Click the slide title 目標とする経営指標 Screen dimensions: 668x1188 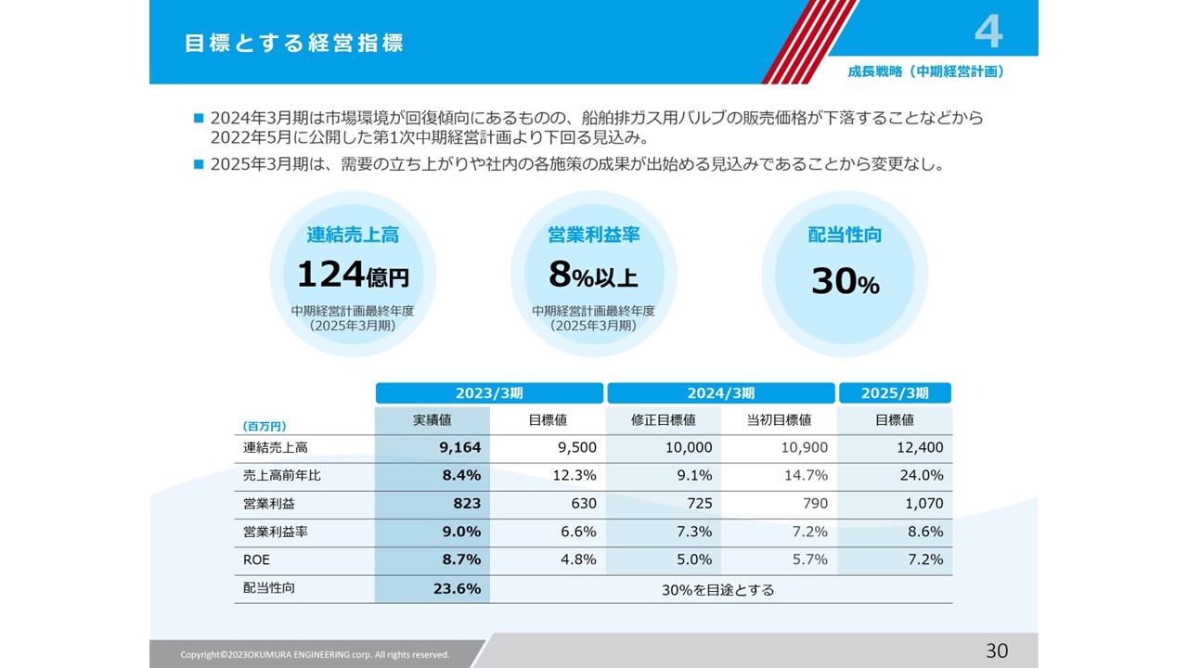[x=294, y=44]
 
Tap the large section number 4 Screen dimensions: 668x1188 [x=988, y=32]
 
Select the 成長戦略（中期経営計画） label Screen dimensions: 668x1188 [x=926, y=71]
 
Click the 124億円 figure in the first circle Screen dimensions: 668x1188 [x=353, y=275]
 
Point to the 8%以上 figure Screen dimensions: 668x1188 [x=593, y=275]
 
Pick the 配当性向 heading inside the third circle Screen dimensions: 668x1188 [x=845, y=236]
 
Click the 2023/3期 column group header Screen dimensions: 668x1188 [x=489, y=393]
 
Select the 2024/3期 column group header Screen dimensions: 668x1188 [x=720, y=393]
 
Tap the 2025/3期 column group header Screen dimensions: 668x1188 [x=895, y=393]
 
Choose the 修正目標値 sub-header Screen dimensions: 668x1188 [x=664, y=420]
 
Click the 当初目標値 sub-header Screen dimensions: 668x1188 [x=779, y=420]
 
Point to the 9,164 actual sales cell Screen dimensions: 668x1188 [x=460, y=448]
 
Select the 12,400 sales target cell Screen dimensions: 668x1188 [x=920, y=448]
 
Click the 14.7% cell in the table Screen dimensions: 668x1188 [x=807, y=476]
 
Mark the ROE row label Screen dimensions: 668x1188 [x=256, y=559]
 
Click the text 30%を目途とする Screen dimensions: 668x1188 [x=717, y=589]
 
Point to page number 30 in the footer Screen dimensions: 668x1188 [x=996, y=651]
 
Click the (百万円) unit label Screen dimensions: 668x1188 [x=265, y=426]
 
